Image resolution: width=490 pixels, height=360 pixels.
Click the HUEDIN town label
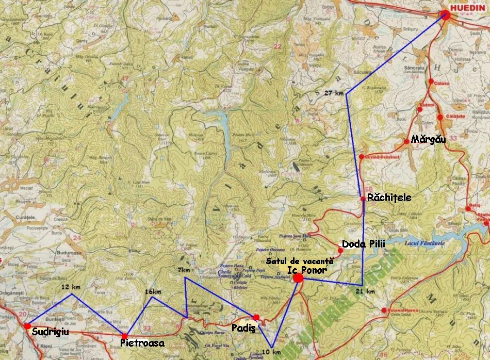[467, 9]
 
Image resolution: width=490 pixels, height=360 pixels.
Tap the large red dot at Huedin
[446, 14]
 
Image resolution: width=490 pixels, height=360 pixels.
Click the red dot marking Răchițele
[363, 199]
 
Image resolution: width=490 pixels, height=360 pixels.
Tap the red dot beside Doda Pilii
[340, 250]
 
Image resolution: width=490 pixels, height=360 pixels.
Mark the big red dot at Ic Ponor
[298, 278]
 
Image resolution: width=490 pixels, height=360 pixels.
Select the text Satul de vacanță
[292, 261]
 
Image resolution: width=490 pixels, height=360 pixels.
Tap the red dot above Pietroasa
[125, 336]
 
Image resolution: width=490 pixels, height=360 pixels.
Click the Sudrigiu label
[50, 332]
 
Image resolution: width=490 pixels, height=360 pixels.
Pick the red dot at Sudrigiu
[27, 325]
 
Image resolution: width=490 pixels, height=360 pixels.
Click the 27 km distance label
[334, 93]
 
